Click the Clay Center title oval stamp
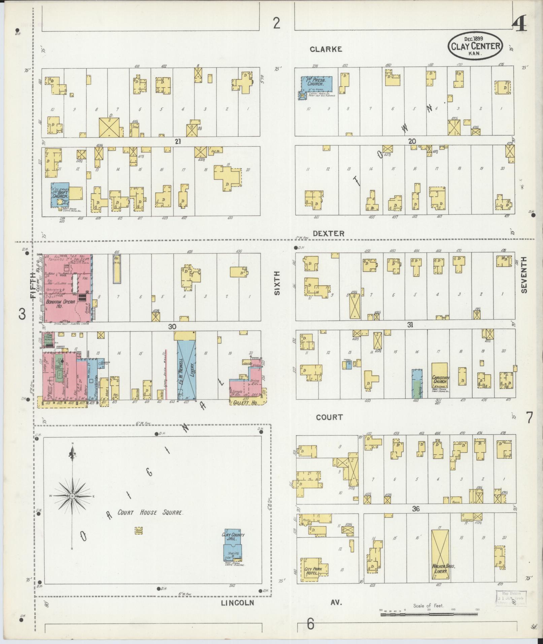(x=475, y=45)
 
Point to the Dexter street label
(x=328, y=233)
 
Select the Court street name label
(x=329, y=417)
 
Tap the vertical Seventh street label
(x=524, y=275)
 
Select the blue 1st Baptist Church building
(x=60, y=195)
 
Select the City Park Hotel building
(x=313, y=570)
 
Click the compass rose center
(x=72, y=496)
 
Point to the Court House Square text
(x=150, y=522)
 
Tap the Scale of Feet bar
(x=429, y=614)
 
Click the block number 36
(x=416, y=509)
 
